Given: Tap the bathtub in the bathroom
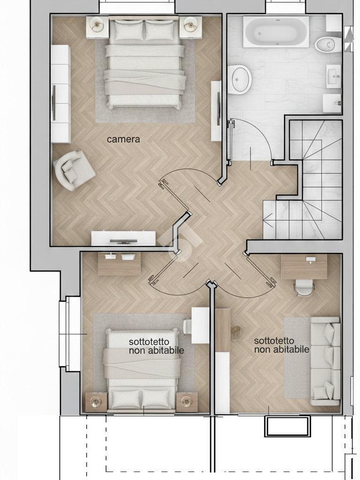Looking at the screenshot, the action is point(276,32).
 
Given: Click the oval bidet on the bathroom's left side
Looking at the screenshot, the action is point(241,78).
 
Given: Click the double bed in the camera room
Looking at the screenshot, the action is point(144,63).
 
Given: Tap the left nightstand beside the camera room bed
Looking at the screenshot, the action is point(97,27).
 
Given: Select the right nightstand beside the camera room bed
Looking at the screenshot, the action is point(190,27).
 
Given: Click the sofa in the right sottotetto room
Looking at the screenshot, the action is point(325,361).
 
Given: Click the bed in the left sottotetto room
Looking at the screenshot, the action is point(142,370).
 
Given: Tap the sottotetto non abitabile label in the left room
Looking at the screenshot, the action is point(157,346).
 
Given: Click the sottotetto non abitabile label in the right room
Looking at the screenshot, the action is point(282,345).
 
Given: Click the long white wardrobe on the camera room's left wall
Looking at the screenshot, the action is point(60,94).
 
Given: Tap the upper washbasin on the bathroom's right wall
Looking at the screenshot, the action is point(333,76).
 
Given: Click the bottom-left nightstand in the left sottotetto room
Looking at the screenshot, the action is point(97,402).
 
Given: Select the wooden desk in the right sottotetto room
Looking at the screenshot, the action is point(304,266).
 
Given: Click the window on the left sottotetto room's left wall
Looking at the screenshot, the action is point(70,334).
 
